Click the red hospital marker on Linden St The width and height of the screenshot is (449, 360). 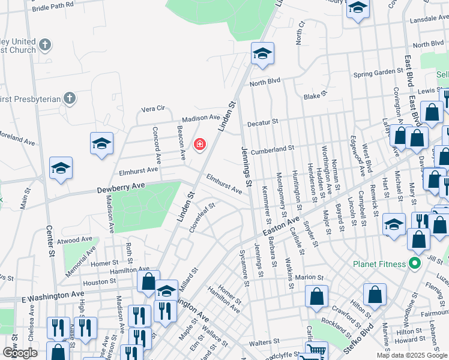click(199, 144)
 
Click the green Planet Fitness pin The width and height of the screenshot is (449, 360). click(414, 263)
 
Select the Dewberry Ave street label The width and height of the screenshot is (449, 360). click(122, 189)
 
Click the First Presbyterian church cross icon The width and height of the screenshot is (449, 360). click(70, 97)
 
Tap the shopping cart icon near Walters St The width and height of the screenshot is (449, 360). click(316, 352)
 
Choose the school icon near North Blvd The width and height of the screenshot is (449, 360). click(262, 54)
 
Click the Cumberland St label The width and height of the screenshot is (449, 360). click(272, 149)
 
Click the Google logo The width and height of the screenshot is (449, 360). click(20, 353)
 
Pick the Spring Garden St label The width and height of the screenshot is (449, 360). click(378, 71)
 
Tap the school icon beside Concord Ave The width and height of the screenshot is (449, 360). click(102, 144)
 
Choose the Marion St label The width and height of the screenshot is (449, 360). click(310, 277)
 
